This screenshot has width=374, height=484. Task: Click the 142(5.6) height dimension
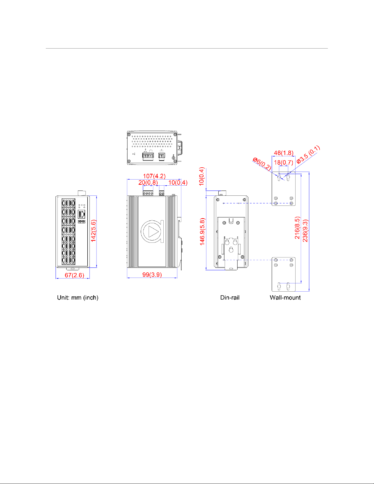coord(93,231)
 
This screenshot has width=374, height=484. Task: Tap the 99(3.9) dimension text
coord(152,275)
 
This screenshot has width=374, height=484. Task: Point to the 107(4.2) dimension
coord(154,176)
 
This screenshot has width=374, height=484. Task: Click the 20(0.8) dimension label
coord(148,183)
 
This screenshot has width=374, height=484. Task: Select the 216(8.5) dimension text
coord(297,228)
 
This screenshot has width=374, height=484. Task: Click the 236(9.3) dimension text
coord(305,231)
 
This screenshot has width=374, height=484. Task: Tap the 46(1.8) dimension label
coord(283,153)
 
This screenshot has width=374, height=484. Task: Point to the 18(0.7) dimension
coord(283,162)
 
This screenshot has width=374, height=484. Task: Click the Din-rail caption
coord(230,297)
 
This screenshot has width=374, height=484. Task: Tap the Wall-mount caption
coord(285,297)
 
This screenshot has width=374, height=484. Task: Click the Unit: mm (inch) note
coord(78,297)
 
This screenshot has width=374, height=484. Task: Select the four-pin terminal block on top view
coord(148,156)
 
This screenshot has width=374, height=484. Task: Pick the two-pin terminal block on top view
coord(162,156)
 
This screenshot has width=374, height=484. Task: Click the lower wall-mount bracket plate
coord(284,274)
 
